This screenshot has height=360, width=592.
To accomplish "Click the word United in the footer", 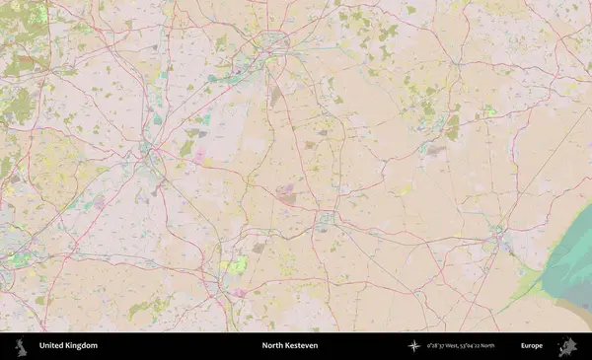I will coord(53,346).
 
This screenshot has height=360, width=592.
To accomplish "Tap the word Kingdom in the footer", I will coord(82,346).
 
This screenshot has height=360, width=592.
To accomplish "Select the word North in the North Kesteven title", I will coord(272,346).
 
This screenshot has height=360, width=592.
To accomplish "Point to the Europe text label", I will coord(532,346).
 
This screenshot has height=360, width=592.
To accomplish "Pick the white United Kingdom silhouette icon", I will coord(21,346).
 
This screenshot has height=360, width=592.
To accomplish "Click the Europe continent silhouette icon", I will coord(567,346).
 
